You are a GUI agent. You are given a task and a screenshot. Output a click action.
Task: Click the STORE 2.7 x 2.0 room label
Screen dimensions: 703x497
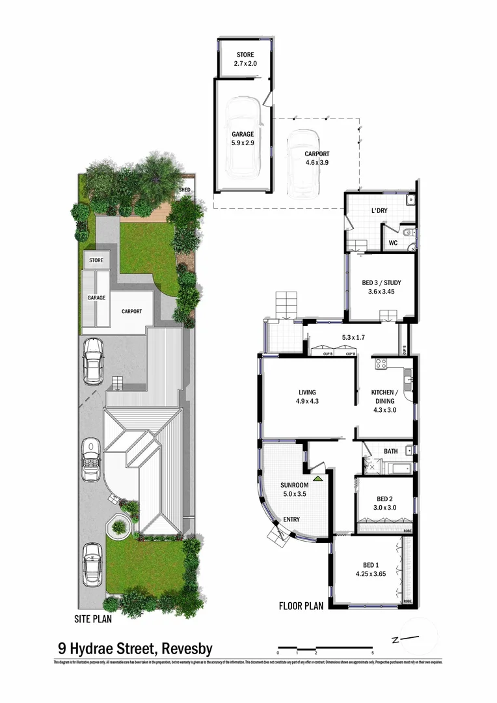(x=246, y=60)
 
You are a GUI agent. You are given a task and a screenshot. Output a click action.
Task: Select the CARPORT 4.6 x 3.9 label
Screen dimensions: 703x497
(x=317, y=159)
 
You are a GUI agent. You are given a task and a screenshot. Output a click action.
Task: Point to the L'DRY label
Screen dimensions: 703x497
(x=379, y=212)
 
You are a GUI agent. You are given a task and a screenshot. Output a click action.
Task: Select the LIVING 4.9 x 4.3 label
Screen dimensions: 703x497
(x=307, y=396)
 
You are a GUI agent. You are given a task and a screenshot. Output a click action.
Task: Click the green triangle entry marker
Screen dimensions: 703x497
(x=317, y=478)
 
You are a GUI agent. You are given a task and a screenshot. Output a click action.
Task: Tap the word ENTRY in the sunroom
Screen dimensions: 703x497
(x=292, y=519)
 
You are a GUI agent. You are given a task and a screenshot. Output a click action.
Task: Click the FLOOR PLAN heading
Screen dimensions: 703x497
(x=301, y=605)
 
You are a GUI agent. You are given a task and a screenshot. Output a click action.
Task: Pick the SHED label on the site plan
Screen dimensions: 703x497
(x=185, y=190)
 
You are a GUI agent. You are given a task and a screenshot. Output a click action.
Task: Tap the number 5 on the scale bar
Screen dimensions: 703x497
(x=373, y=652)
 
